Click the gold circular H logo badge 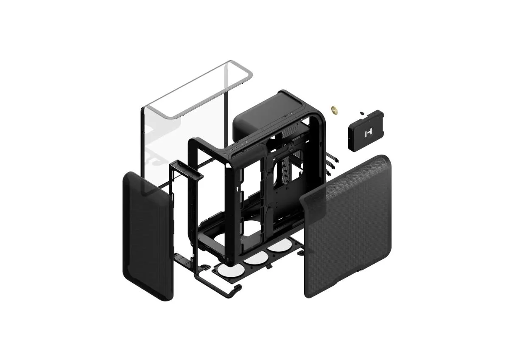click(335, 110)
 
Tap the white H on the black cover click(367, 133)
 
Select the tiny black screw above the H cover click(361, 112)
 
